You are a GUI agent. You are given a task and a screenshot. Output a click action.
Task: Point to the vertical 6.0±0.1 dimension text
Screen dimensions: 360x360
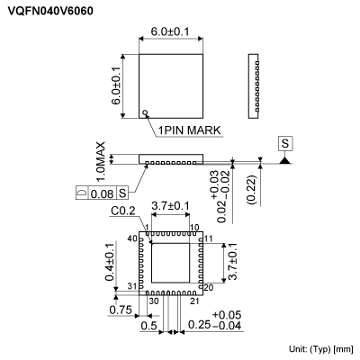pos(117,83)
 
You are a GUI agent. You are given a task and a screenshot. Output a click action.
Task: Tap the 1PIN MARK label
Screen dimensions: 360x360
pos(190,130)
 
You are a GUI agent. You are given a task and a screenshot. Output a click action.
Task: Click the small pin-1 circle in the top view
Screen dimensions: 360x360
pos(144,113)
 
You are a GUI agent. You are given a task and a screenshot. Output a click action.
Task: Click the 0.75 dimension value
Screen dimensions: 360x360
pos(119,309)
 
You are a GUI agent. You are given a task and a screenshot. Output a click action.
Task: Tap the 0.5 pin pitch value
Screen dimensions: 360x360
pos(148,326)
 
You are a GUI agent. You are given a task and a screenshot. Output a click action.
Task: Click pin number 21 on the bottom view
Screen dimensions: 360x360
pos(192,301)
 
